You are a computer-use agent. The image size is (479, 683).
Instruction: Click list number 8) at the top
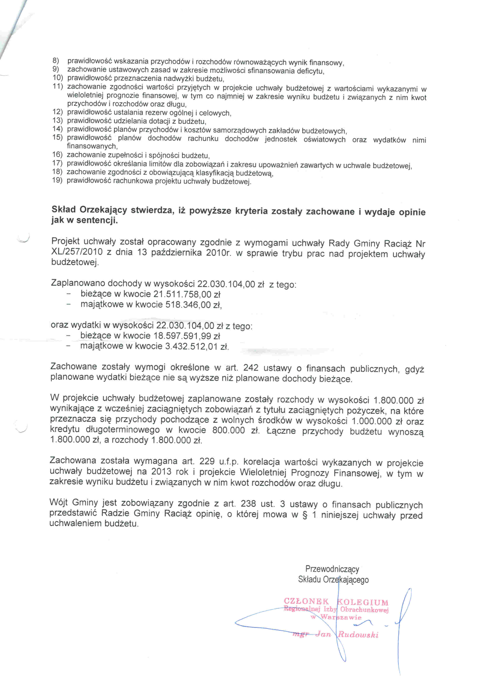(x=56, y=61)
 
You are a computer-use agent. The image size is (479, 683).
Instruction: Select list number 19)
(x=57, y=180)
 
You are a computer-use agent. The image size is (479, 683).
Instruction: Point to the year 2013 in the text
(x=161, y=472)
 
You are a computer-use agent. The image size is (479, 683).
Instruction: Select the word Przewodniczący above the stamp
(x=332, y=569)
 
